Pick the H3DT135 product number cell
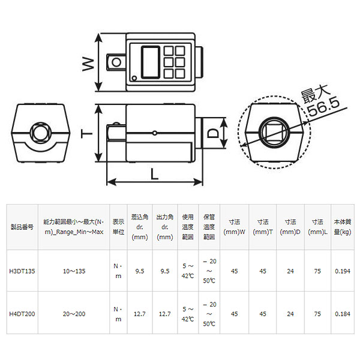pyautogui.click(x=23, y=271)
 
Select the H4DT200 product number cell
pyautogui.click(x=23, y=313)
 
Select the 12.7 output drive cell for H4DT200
pyautogui.click(x=164, y=313)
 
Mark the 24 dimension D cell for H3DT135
pyautogui.click(x=290, y=271)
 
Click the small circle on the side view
pyautogui.click(x=155, y=133)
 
